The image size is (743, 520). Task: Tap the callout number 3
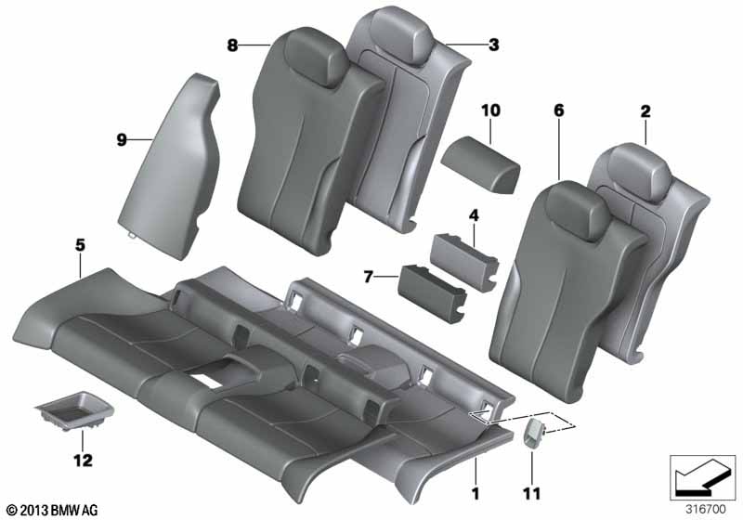pyautogui.click(x=493, y=44)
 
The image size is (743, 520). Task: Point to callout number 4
pyautogui.click(x=474, y=216)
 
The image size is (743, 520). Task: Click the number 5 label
pyautogui.click(x=80, y=245)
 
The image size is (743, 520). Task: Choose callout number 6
pyautogui.click(x=558, y=110)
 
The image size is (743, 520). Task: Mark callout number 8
pyautogui.click(x=232, y=44)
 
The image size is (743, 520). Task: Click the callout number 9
pyautogui.click(x=121, y=139)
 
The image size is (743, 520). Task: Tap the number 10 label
pyautogui.click(x=489, y=110)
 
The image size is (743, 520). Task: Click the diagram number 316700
pyautogui.click(x=706, y=507)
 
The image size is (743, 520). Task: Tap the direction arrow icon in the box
pyautogui.click(x=700, y=474)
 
